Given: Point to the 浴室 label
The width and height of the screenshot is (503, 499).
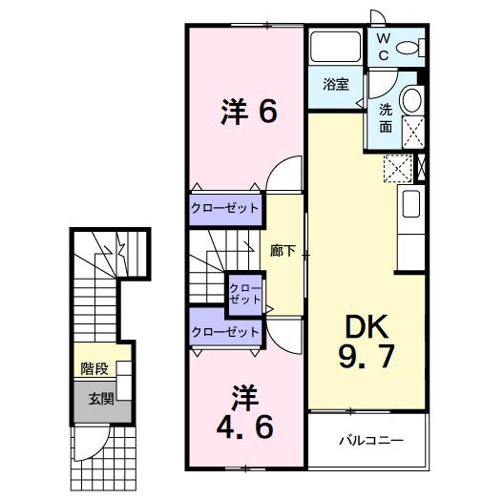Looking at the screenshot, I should [x=335, y=84].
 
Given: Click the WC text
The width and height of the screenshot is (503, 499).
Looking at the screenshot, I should [x=382, y=47].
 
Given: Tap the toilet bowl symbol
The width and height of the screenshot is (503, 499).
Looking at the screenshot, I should [x=410, y=48].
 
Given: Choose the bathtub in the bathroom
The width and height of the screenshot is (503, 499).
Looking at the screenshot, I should [x=333, y=46].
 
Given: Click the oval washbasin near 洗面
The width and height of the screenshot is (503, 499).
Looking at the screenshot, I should [x=411, y=99].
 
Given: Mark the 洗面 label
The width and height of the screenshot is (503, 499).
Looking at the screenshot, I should [x=386, y=116].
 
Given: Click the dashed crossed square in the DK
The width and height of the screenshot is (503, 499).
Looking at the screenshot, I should [x=395, y=169].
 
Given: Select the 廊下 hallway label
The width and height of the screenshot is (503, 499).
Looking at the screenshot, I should [x=283, y=251].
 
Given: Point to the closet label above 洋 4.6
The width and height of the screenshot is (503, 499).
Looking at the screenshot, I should [x=225, y=332].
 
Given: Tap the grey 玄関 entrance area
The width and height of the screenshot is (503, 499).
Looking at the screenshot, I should [x=99, y=399].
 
